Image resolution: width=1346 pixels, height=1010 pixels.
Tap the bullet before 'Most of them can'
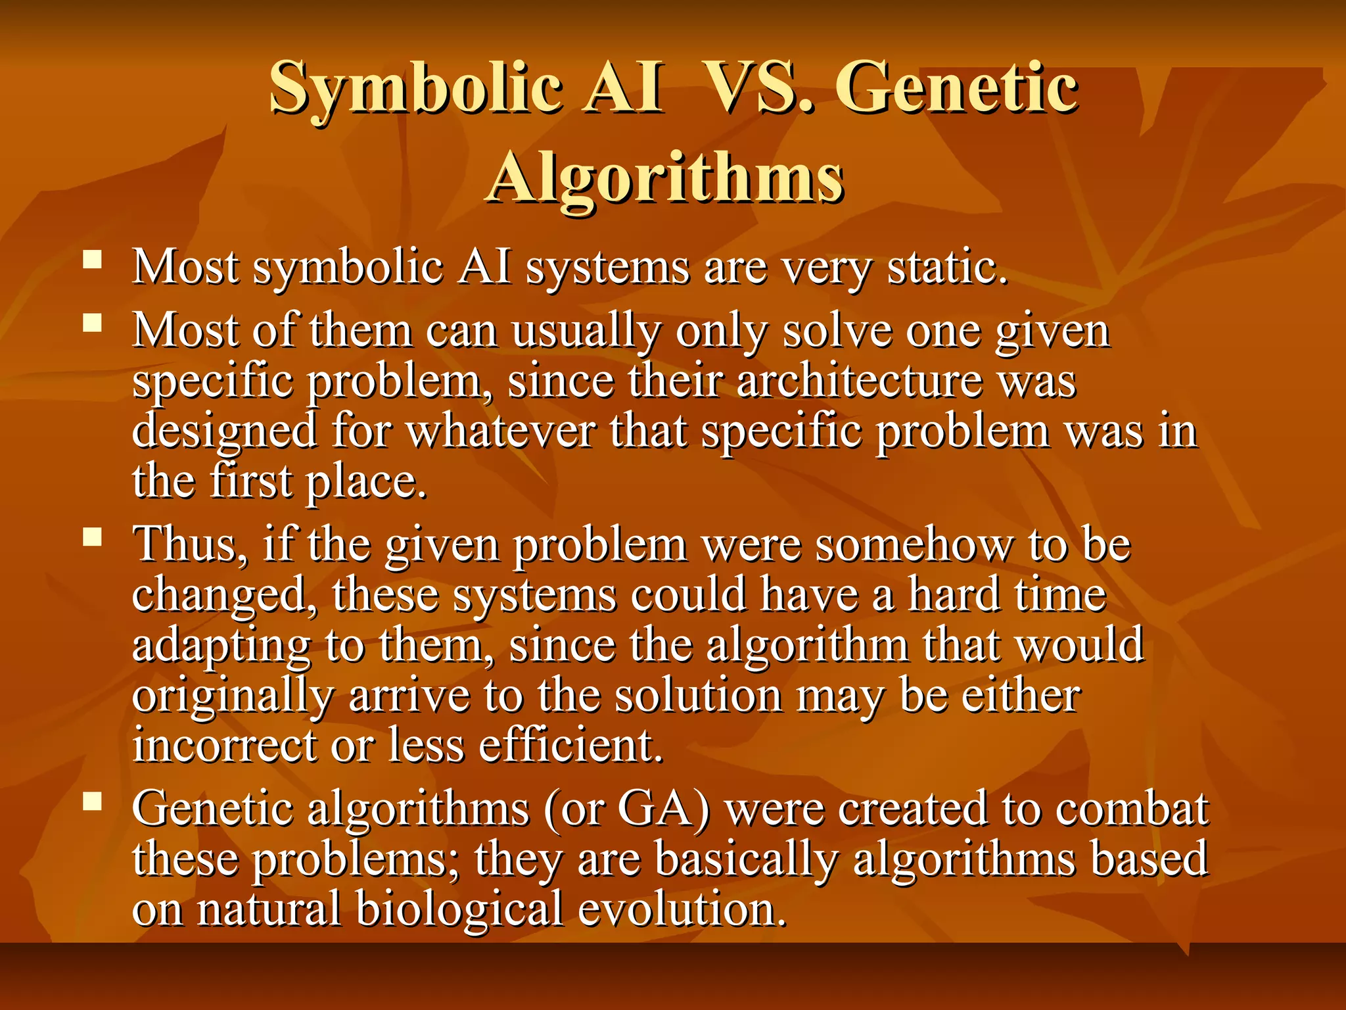pyautogui.click(x=93, y=322)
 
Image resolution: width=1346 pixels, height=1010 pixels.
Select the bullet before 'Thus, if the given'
pyautogui.click(x=93, y=537)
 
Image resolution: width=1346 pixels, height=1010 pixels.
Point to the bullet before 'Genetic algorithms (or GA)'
pyautogui.click(x=93, y=800)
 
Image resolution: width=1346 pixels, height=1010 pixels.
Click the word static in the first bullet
pyautogui.click(x=946, y=268)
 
